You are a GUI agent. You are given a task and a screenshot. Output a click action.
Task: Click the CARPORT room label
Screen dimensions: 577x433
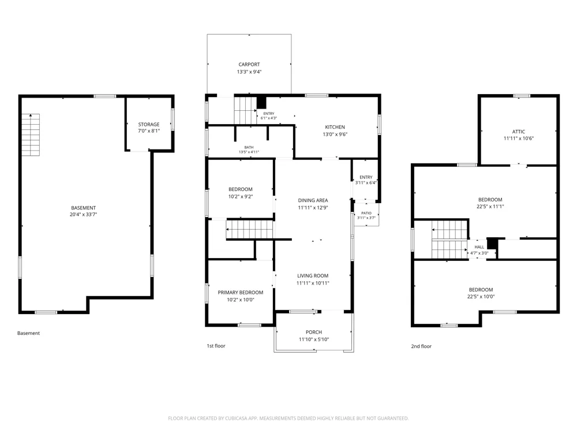point(249,65)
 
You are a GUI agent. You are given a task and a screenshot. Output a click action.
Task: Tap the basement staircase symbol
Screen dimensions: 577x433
point(31,135)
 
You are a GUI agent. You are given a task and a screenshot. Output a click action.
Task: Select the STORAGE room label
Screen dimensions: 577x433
point(149,125)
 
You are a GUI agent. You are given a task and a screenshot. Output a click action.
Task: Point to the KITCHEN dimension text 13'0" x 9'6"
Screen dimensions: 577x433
point(335,135)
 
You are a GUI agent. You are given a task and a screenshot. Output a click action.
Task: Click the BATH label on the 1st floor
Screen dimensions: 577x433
point(249,147)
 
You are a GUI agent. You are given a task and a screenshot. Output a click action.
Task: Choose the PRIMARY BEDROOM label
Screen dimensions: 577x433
point(240,292)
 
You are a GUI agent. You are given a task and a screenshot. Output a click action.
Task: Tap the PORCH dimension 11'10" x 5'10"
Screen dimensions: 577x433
point(314,339)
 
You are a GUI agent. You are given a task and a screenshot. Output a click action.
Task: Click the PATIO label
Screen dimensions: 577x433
point(366,213)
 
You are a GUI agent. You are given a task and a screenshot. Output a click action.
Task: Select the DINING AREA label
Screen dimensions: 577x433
point(313,200)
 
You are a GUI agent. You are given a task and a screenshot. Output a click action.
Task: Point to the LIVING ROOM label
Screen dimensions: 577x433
point(313,276)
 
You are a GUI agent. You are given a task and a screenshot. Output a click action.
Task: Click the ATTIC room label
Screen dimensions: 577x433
point(519,132)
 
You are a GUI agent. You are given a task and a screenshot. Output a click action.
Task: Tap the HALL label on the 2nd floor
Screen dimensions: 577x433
point(479,247)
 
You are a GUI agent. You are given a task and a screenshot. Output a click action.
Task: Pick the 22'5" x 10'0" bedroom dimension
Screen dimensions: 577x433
point(481,296)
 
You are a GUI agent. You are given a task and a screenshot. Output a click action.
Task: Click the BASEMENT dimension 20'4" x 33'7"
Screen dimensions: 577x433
point(84,214)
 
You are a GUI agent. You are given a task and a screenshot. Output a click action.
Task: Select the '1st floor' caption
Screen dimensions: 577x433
point(216,346)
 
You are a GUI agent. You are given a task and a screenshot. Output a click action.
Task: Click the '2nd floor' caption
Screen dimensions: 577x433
point(421,346)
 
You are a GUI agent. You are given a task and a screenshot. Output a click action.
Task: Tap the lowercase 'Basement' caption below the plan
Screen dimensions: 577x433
point(28,333)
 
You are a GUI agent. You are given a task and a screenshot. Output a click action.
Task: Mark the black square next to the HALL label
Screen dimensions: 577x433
point(492,244)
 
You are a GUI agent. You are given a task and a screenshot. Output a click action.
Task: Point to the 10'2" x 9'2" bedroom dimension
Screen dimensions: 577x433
point(240,197)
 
